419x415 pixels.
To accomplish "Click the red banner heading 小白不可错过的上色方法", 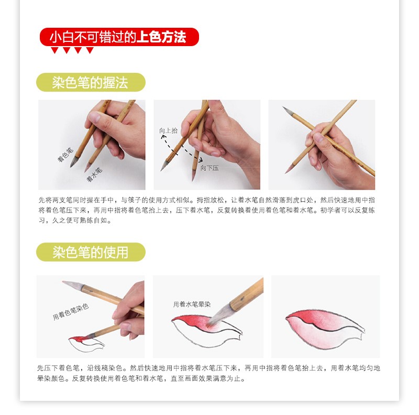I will pos(119,37).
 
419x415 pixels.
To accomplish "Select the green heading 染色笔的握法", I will pos(90,82).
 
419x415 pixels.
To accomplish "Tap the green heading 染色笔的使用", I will pos(90,252).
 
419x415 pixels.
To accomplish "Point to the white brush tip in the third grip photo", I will pos(289,112).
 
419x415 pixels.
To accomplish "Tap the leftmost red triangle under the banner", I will pos(54,50).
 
